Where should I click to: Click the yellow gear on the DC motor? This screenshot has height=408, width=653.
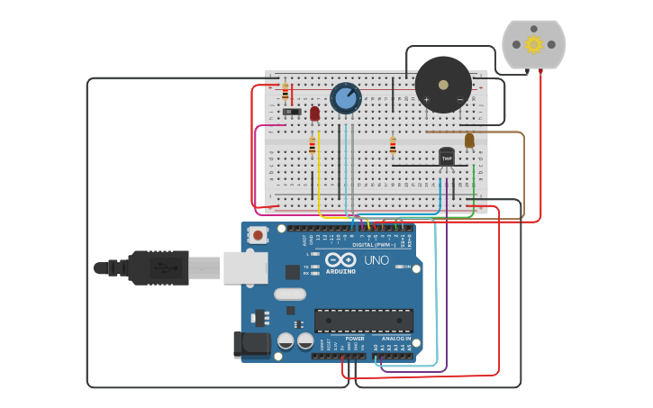click(x=533, y=44)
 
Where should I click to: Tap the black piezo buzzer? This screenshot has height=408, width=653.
click(x=442, y=85)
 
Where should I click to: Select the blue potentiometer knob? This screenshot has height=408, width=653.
click(x=346, y=97)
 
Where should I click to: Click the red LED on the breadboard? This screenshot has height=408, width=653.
click(x=314, y=113)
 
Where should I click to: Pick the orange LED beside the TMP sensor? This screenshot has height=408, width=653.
click(x=469, y=140)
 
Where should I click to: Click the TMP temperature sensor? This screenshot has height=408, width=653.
click(x=447, y=158)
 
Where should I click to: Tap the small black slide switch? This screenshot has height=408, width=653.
click(x=292, y=112)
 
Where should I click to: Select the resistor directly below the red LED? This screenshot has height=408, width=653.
click(x=313, y=145)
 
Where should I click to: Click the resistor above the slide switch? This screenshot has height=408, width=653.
click(x=286, y=92)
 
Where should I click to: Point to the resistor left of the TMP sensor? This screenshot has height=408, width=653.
click(x=393, y=145)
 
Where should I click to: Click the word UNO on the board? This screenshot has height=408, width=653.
click(x=376, y=260)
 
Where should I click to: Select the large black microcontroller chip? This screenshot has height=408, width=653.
click(x=363, y=320)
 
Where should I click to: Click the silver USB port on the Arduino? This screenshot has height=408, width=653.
click(x=245, y=267)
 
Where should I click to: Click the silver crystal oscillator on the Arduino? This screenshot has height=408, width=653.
click(x=289, y=294)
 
